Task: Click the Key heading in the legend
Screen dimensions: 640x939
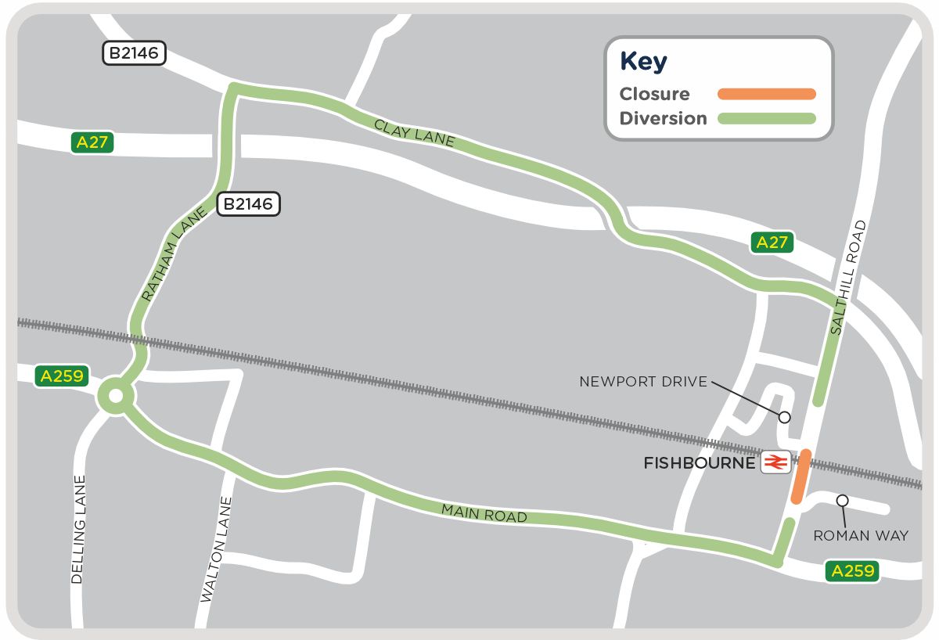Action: (x=643, y=62)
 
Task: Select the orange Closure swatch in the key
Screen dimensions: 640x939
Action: (x=766, y=94)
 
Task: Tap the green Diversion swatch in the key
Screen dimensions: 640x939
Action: (x=766, y=119)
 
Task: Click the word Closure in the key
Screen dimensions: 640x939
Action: (x=654, y=94)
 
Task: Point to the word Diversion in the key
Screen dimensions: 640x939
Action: (x=663, y=119)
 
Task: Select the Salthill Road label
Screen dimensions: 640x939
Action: (x=848, y=279)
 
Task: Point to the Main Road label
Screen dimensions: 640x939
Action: (x=484, y=513)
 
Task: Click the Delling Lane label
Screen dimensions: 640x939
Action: (x=77, y=530)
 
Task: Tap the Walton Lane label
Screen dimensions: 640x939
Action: (x=217, y=549)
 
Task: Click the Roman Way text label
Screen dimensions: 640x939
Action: (x=861, y=536)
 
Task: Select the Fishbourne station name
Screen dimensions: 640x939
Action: (x=699, y=463)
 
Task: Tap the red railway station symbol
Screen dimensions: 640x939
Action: (x=775, y=463)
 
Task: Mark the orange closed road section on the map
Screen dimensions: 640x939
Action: (x=800, y=476)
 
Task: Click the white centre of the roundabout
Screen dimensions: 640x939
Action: (x=115, y=397)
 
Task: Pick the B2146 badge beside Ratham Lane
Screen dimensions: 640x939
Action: (x=247, y=204)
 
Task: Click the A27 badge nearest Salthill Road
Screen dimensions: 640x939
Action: (x=772, y=243)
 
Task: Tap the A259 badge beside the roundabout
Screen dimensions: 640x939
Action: (x=59, y=376)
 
